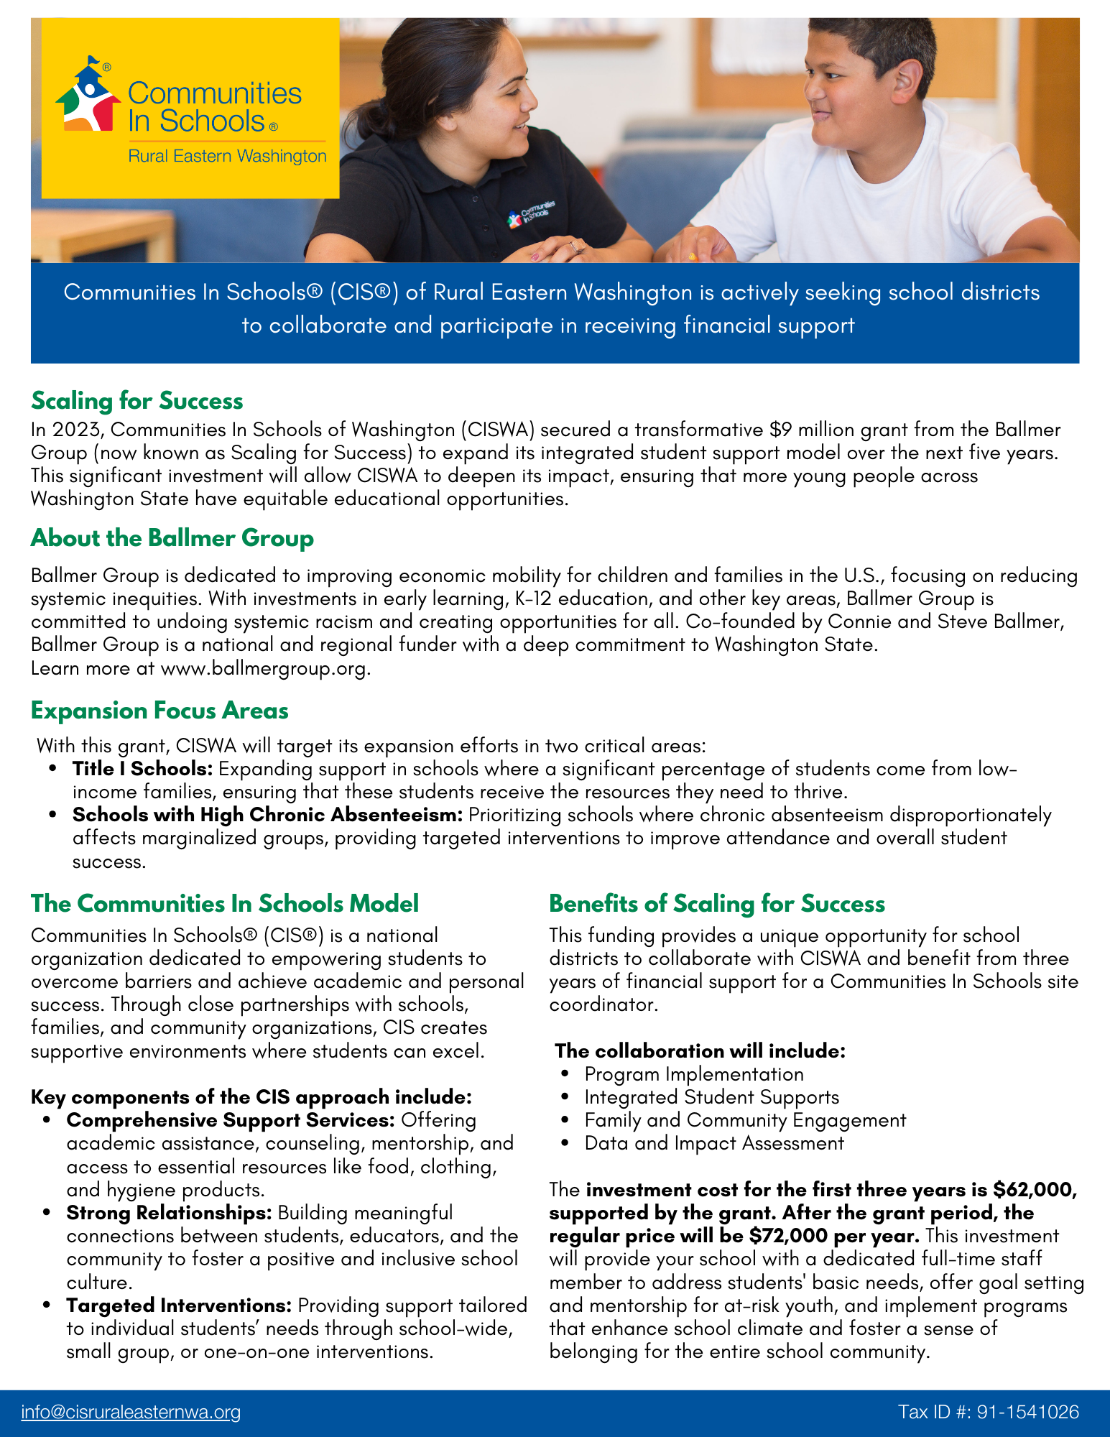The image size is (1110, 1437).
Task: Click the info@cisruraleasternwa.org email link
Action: coord(131,1412)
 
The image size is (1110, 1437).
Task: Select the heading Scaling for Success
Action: coord(137,400)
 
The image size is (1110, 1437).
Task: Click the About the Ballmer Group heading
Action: coord(172,537)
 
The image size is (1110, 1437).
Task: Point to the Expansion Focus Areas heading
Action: coord(159,710)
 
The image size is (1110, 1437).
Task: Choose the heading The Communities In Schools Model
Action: coord(224,903)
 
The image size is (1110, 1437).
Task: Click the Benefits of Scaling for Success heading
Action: coord(716,903)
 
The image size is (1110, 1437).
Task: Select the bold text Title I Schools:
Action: coord(142,769)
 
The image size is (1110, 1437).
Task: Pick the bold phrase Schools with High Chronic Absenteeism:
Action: coord(267,815)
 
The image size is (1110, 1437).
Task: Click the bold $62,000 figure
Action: coord(1035,1190)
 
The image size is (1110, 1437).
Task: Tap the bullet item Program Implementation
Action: coord(693,1074)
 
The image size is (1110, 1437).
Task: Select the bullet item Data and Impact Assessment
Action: coord(713,1143)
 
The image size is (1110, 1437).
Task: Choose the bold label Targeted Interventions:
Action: coord(179,1306)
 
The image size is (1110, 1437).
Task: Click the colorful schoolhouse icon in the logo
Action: coord(88,97)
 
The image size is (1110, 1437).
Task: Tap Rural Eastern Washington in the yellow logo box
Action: coord(227,156)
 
